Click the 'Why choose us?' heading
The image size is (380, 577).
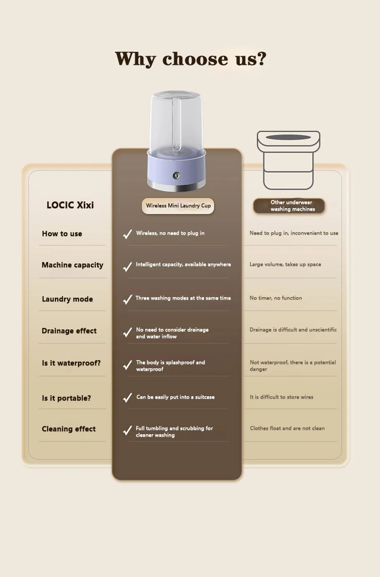click(190, 59)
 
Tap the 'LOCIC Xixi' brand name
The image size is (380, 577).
click(70, 205)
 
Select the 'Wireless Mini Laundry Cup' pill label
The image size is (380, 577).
click(178, 206)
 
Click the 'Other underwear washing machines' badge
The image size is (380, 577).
click(289, 206)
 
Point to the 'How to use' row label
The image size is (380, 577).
click(62, 234)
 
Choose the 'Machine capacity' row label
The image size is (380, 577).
click(73, 265)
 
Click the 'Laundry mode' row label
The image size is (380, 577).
click(67, 299)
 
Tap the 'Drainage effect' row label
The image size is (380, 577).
click(69, 331)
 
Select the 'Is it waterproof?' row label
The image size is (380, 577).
click(71, 363)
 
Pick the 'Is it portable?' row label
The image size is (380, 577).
click(66, 398)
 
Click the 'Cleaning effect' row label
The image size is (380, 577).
click(68, 429)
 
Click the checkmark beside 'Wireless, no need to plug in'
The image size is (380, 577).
click(127, 234)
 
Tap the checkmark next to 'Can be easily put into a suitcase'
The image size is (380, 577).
click(127, 398)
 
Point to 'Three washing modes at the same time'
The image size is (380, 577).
click(183, 298)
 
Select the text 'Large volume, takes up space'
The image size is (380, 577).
click(285, 264)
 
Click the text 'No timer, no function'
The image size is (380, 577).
click(276, 298)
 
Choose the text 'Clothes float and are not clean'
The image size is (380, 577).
click(287, 428)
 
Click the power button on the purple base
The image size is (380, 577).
click(176, 176)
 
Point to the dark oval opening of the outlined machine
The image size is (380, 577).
click(288, 138)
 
